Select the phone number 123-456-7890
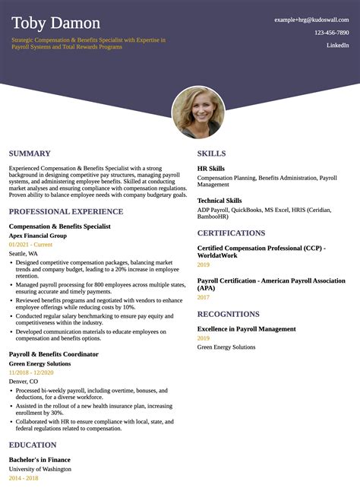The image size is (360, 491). click(332, 33)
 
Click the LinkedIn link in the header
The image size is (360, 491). click(338, 46)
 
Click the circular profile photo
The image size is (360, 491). click(197, 112)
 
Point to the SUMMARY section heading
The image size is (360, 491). click(30, 154)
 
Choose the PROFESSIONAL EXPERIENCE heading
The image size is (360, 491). click(66, 211)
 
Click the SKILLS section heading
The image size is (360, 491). click(212, 154)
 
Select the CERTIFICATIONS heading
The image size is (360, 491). click(231, 233)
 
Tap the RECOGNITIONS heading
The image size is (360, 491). click(229, 314)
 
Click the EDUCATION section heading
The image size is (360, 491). click(33, 445)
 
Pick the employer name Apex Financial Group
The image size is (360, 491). click(38, 236)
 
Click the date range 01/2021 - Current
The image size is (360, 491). click(30, 245)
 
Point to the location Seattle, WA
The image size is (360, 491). click(24, 254)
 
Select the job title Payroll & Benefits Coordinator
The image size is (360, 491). click(54, 354)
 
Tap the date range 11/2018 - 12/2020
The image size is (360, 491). click(31, 372)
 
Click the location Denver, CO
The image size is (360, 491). click(24, 382)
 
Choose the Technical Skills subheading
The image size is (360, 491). click(219, 200)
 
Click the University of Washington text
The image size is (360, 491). click(40, 469)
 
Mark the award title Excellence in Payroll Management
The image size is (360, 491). click(247, 329)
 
